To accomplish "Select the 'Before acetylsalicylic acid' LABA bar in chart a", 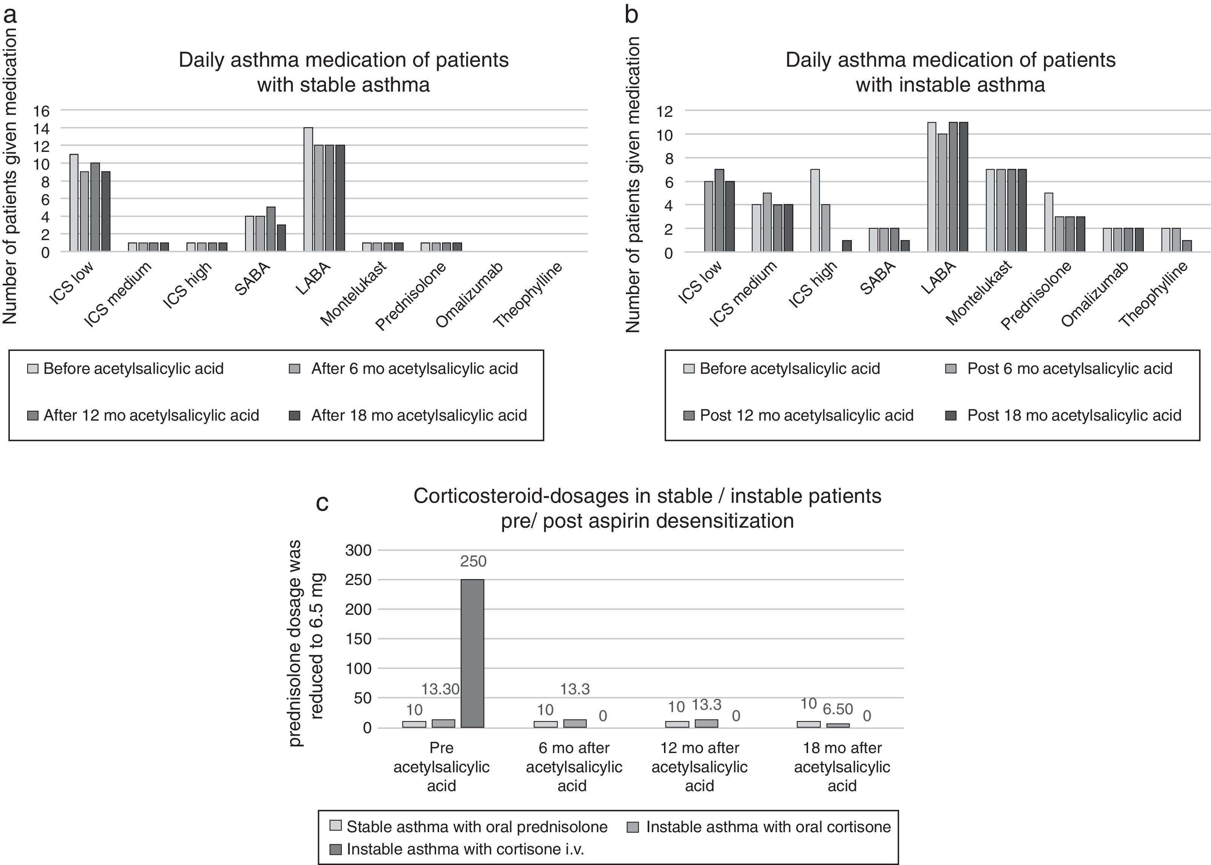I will [x=308, y=189].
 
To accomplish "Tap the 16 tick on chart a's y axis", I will [x=41, y=111].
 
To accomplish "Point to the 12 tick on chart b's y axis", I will [x=665, y=111].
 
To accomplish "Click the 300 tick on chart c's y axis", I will [x=358, y=550].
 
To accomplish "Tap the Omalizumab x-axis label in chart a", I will [x=469, y=295].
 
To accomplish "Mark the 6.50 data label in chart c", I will [x=838, y=709].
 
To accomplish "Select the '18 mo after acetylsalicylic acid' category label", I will [x=842, y=767].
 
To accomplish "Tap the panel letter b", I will [x=631, y=15].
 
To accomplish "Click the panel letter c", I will [x=322, y=502].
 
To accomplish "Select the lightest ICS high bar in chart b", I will [x=815, y=210].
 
